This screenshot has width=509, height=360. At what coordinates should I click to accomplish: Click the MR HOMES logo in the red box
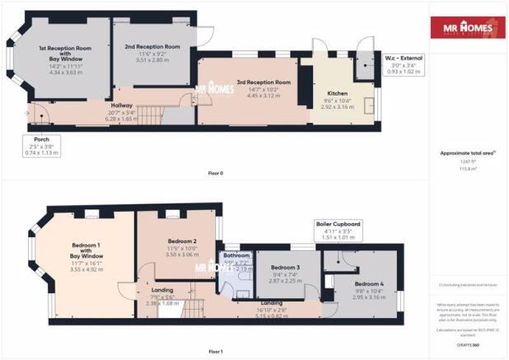(469, 30)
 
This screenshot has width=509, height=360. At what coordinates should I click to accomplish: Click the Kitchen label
(339, 93)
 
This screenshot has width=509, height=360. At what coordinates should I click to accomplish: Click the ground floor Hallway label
(122, 105)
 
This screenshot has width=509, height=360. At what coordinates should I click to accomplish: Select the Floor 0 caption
(216, 172)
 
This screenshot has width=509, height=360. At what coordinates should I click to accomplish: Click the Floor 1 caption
(216, 352)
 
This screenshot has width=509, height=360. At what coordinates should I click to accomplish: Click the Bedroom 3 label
(283, 268)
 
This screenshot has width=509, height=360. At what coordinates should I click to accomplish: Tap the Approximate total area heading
(468, 154)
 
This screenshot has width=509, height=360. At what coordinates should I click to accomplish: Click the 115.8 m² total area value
(468, 167)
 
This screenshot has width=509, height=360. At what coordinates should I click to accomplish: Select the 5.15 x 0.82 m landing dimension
(270, 315)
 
